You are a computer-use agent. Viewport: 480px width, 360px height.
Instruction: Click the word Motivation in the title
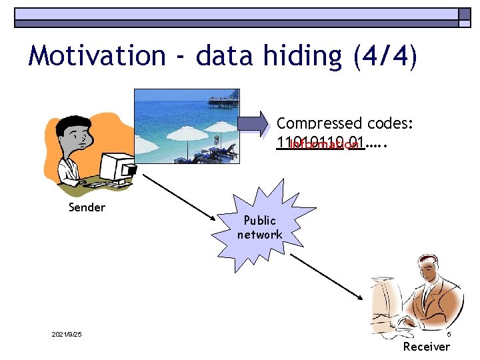coord(97,56)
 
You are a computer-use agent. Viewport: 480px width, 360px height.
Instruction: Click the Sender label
coord(87,207)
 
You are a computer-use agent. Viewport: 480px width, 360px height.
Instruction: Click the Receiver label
coord(427,347)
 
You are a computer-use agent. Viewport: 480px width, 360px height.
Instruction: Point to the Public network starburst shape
coord(260,227)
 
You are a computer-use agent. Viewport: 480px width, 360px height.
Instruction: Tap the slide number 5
coord(449,334)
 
